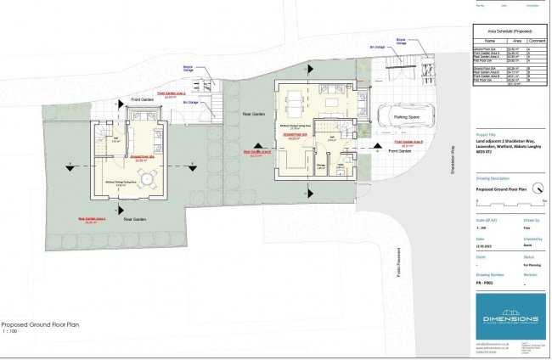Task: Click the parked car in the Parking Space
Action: (x=408, y=117)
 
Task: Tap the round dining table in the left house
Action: (x=149, y=179)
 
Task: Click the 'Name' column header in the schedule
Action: (x=489, y=39)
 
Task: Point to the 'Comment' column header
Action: (x=537, y=39)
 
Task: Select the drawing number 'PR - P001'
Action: (x=484, y=284)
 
